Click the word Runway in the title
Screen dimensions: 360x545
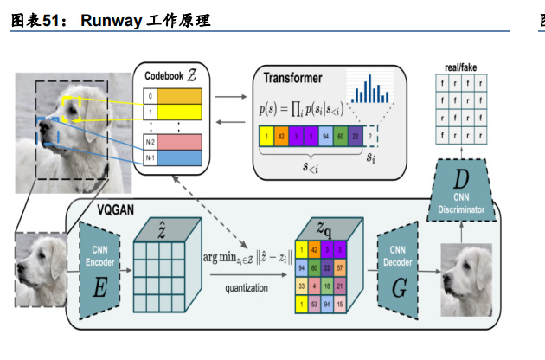click(112, 20)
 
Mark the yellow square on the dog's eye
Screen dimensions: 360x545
click(68, 107)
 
